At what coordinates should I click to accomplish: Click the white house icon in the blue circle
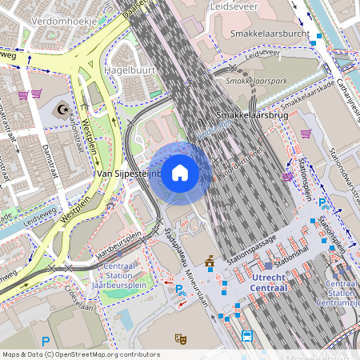180,173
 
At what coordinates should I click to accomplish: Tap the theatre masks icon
182,339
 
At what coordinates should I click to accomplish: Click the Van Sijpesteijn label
128,173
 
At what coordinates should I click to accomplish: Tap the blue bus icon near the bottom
247,336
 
